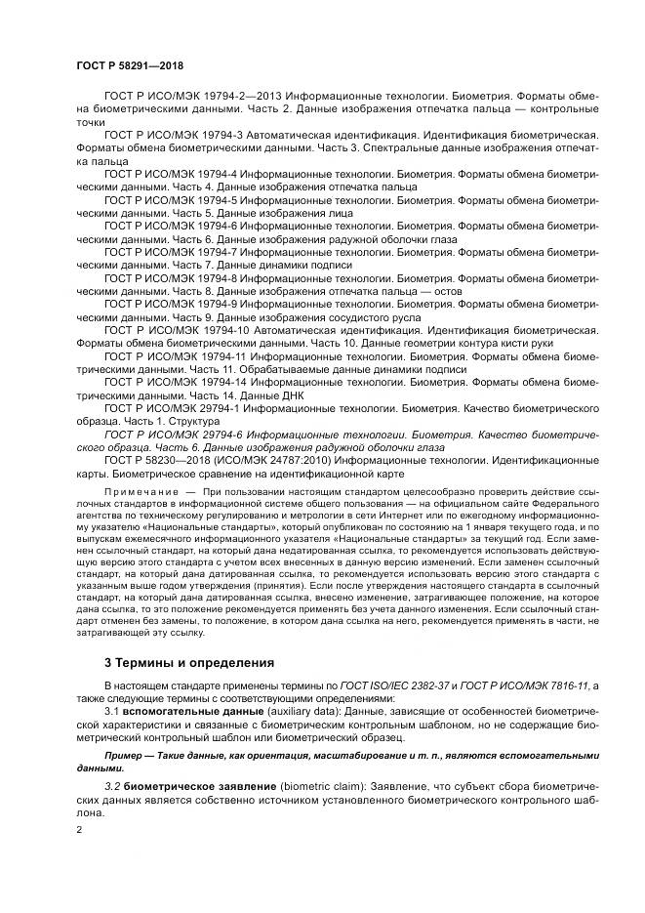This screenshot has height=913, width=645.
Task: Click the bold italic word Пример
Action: [126, 756]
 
